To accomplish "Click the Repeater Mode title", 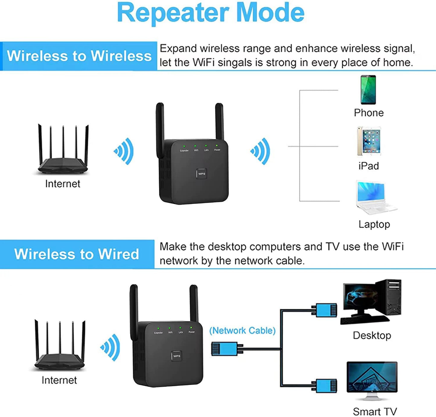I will [211, 13].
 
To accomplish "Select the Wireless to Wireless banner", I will [79, 56].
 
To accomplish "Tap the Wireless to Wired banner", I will [77, 254].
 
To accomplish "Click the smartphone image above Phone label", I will [368, 90].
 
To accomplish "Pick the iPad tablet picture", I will [369, 141].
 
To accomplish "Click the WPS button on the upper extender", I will [202, 174].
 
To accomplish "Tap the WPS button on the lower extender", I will [177, 356].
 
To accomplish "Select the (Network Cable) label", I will [242, 330].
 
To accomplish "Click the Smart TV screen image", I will [372, 378].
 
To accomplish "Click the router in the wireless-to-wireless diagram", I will [63, 151].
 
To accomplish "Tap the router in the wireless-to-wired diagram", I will [59, 347].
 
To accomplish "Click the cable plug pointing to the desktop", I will [325, 310].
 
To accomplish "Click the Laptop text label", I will [374, 224].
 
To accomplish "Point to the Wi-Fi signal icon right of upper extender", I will [261, 151].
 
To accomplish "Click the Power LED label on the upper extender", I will [217, 150].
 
